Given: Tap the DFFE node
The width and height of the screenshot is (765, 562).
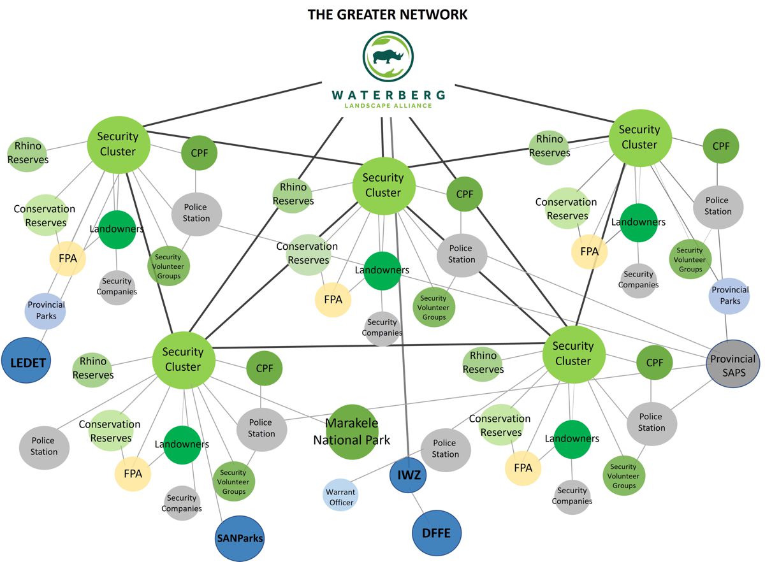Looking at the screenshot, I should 436,533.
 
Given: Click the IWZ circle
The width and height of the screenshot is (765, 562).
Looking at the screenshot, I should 408,475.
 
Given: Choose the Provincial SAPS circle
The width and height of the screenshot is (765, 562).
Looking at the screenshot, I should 733,365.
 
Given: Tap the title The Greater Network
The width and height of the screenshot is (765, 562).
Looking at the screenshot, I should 388,14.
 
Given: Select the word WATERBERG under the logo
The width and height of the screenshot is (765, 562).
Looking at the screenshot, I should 388,95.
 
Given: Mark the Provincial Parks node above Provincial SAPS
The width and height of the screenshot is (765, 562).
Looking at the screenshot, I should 730,295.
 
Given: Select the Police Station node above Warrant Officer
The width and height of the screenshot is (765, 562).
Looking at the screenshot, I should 445,449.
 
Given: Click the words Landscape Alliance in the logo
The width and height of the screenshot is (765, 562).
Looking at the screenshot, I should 388,105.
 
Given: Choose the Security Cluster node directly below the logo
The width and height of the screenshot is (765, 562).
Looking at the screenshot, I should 383,185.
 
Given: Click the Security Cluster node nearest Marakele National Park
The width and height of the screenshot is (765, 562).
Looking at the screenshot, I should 183,359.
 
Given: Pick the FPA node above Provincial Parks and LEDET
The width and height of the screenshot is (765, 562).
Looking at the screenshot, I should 68,258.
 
